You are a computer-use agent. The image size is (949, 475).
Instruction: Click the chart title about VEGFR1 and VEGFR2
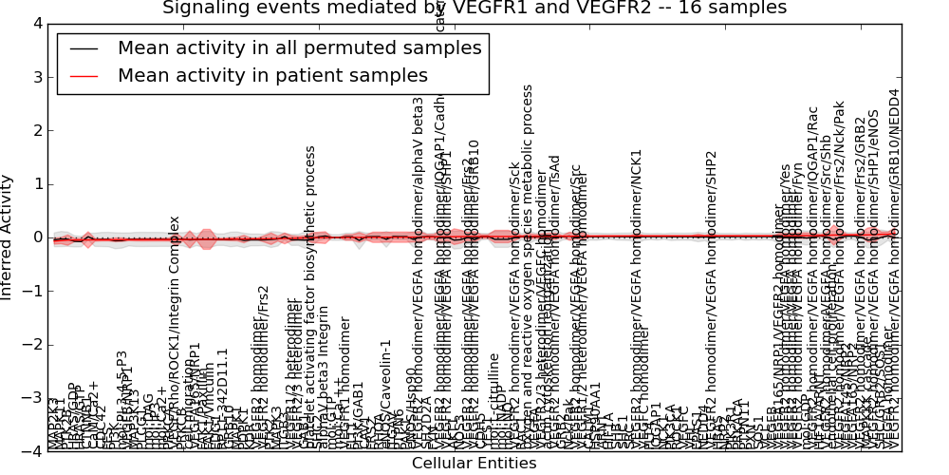tap(474, 8)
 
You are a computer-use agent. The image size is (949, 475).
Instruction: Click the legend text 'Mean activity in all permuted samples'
tap(299, 48)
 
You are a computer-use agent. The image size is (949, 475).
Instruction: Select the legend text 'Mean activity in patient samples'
tap(272, 76)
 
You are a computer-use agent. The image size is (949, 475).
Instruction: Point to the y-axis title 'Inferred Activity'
tap(9, 237)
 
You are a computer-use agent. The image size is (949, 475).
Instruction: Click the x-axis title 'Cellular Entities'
tap(474, 464)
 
